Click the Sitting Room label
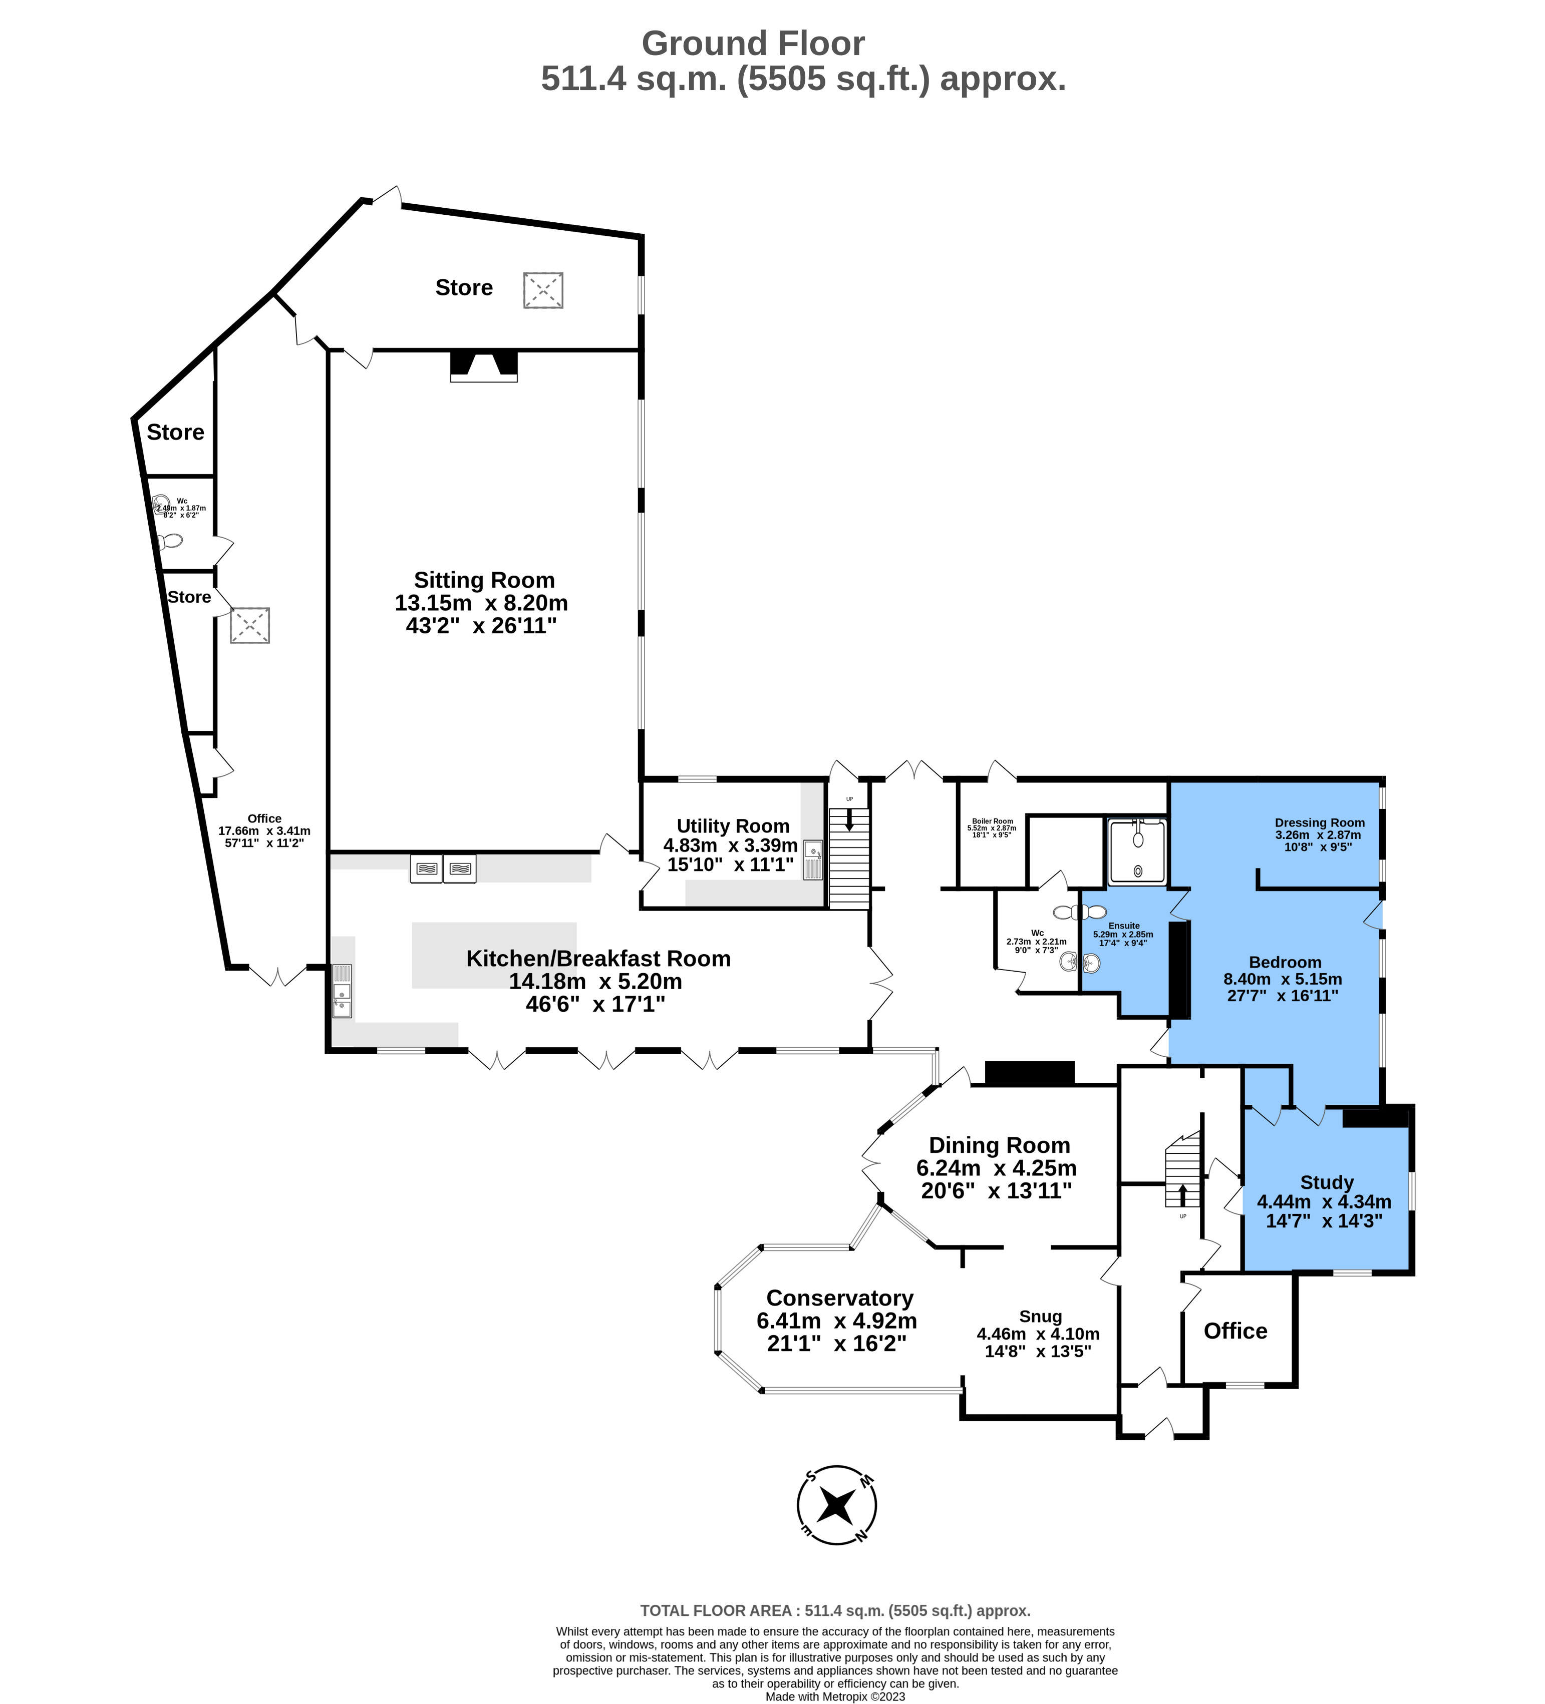tap(484, 580)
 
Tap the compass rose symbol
tap(836, 1505)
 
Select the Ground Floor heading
tap(753, 43)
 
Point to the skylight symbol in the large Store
tap(543, 290)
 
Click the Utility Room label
tap(732, 826)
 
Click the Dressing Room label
tap(1319, 822)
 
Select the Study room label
tap(1327, 1182)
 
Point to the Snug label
tap(1040, 1316)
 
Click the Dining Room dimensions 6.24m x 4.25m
tap(996, 1168)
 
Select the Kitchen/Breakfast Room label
tap(598, 959)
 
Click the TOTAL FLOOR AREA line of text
tap(835, 1611)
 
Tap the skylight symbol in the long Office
tap(249, 625)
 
